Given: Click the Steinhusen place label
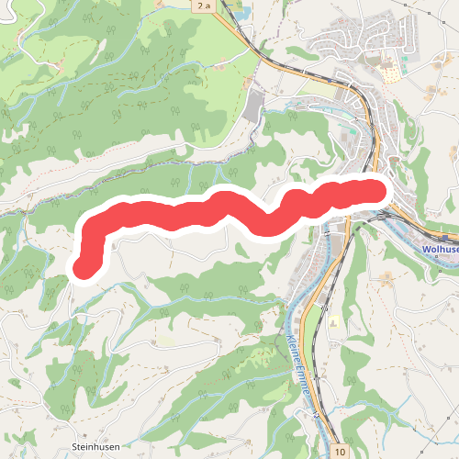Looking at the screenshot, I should (x=96, y=447).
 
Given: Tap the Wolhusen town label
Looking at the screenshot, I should (x=439, y=249).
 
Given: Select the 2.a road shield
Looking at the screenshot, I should (x=203, y=6).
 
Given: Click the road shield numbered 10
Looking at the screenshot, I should (x=341, y=452).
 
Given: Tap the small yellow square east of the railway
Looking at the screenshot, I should (x=333, y=324).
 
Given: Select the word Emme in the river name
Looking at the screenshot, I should (x=306, y=396).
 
